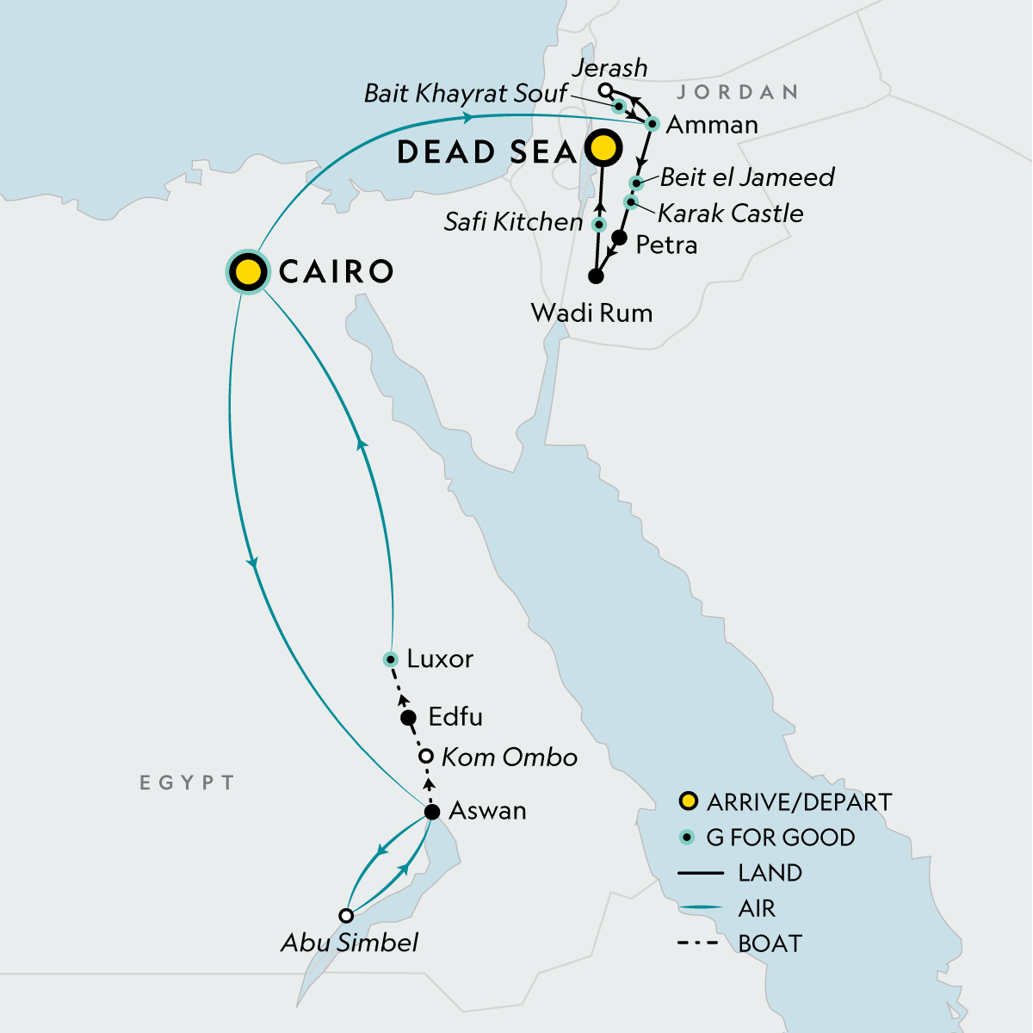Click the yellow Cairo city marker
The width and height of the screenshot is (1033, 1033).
coord(248,273)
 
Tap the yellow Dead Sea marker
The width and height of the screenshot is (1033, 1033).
coord(603,149)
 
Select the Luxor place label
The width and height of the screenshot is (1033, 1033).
coord(440,659)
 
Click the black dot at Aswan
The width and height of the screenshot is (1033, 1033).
coord(433,812)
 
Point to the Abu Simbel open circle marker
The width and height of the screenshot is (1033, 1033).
coord(346,916)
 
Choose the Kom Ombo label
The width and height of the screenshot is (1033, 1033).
coord(509,758)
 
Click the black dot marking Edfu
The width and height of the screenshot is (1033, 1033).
coord(410,718)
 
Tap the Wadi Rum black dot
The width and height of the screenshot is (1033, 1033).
coord(595,276)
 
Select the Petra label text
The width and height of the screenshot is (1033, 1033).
coord(666,245)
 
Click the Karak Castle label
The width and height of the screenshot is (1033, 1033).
coord(730,213)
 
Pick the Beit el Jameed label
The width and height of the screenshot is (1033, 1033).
coord(747,177)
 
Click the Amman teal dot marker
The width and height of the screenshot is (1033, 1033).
coord(653,124)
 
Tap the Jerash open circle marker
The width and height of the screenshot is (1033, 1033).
coord(606,90)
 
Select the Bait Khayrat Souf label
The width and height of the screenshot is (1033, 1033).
coord(466,93)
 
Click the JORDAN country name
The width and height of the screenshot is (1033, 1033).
coord(738,92)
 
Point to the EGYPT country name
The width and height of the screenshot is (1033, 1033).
coord(187,782)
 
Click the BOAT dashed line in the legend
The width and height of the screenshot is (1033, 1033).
coord(699,943)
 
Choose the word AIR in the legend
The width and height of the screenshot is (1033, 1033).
coord(757,908)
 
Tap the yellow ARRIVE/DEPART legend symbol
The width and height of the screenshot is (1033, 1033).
coord(688,802)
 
